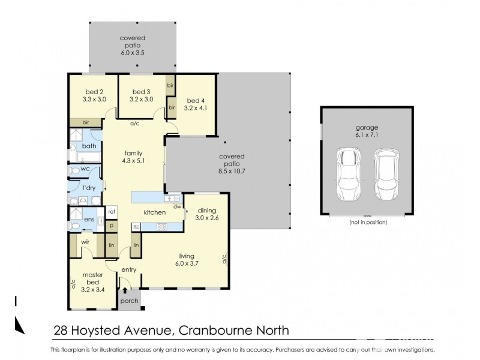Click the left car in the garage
347,175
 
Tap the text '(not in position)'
367,222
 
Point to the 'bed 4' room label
196,100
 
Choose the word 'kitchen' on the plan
154,212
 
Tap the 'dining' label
206,210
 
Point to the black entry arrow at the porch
125,292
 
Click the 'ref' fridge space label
111,211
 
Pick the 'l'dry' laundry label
89,188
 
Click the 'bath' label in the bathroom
89,146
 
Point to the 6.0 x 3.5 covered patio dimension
132,53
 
